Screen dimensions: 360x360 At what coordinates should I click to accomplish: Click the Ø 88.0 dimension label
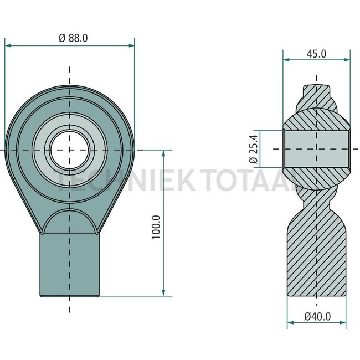point(73,38)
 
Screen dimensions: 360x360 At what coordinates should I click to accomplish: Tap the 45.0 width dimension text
point(316,54)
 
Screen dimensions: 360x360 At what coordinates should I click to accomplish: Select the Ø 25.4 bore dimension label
point(254,149)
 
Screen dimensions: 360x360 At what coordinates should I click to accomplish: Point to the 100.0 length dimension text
point(156,227)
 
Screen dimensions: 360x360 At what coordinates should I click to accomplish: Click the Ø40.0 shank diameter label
point(317,317)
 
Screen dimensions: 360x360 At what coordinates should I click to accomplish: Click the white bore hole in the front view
point(70,150)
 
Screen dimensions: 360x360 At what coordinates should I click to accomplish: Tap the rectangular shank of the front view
point(70,265)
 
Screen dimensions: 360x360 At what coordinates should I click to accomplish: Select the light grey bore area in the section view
point(316,149)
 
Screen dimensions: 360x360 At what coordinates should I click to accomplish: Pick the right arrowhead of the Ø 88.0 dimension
point(131,45)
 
